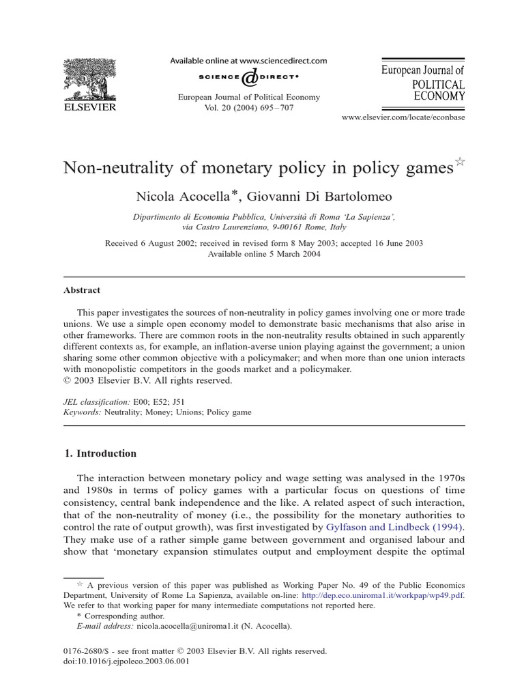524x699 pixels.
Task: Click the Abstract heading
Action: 82,289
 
